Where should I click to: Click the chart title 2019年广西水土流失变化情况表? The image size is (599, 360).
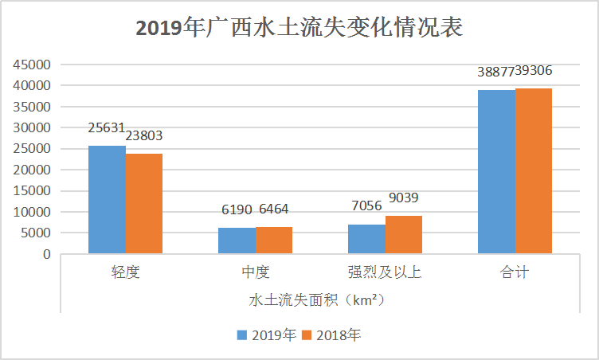(x=299, y=28)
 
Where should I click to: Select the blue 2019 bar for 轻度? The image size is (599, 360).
(x=107, y=200)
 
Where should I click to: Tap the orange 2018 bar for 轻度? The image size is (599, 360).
(x=144, y=204)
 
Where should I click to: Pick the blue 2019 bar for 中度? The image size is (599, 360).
(x=237, y=241)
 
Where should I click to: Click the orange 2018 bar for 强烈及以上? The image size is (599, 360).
(x=404, y=235)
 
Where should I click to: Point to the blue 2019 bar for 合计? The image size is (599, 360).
(x=496, y=172)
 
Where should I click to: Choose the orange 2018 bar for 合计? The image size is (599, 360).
(x=534, y=171)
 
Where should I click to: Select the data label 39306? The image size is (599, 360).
(x=534, y=71)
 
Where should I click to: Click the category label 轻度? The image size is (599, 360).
(x=125, y=272)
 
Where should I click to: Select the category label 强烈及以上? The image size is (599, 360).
(x=385, y=272)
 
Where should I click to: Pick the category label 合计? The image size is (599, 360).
(x=515, y=272)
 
